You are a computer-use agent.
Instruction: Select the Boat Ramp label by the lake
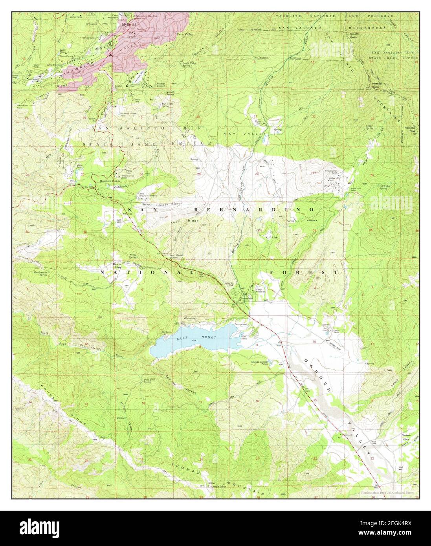[246, 337]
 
